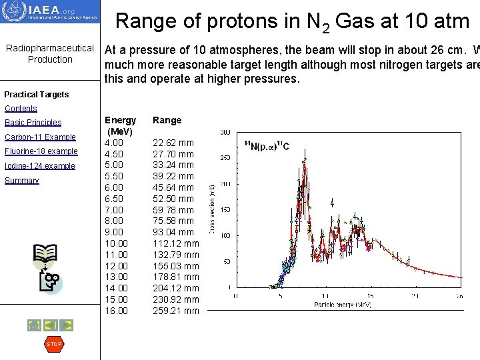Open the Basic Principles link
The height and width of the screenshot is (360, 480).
pos(33,123)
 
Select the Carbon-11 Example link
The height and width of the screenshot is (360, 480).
pos(40,137)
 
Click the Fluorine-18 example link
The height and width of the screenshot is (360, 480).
pos(41,151)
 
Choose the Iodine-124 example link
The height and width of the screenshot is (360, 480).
pos(40,166)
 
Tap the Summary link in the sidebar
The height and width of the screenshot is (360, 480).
pos(22,181)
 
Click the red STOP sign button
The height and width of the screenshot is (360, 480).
pos(53,344)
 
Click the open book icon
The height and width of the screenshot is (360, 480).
pos(45,254)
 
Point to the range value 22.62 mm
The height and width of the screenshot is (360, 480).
pos(173,143)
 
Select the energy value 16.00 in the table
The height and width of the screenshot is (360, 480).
pos(117,311)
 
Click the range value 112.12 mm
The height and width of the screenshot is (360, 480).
pos(176,243)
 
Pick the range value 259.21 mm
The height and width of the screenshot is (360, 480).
pos(176,311)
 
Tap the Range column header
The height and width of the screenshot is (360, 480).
pos(167,121)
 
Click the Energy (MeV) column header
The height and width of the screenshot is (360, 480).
pos(121,126)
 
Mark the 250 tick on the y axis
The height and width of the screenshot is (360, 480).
pos(225,158)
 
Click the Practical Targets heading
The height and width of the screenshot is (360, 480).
pos(37,95)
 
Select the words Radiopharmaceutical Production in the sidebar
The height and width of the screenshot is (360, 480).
pos(50,54)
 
